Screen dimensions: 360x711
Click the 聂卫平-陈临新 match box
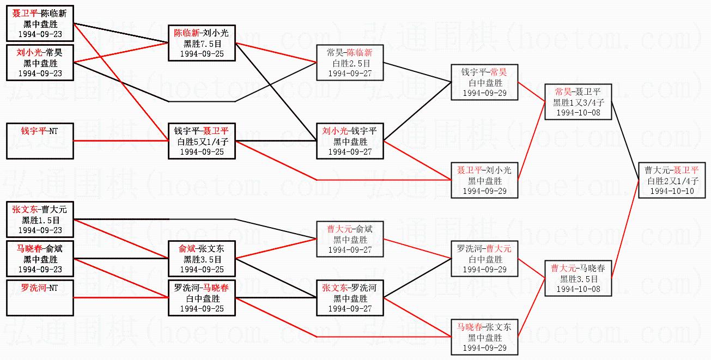pyautogui.click(x=40, y=24)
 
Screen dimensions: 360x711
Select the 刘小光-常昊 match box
pyautogui.click(x=40, y=63)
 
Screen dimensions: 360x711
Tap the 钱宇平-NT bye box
pyautogui.click(x=40, y=141)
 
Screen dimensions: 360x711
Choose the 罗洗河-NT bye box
pyautogui.click(x=40, y=297)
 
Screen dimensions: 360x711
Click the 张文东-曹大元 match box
pyautogui.click(x=40, y=219)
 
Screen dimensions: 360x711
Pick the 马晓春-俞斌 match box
pyautogui.click(x=40, y=259)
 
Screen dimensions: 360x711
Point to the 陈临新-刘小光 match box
pyautogui.click(x=201, y=44)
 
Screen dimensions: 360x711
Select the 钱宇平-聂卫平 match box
pyautogui.click(x=201, y=141)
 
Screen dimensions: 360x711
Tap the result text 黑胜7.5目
pyautogui.click(x=201, y=44)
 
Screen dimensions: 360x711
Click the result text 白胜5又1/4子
pyautogui.click(x=201, y=142)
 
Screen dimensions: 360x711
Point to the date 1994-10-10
pyautogui.click(x=671, y=191)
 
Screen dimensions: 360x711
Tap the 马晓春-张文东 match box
pyautogui.click(x=484, y=337)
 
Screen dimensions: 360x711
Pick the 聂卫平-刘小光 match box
pyautogui.click(x=484, y=180)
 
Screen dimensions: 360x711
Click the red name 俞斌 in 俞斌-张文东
pyautogui.click(x=187, y=249)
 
